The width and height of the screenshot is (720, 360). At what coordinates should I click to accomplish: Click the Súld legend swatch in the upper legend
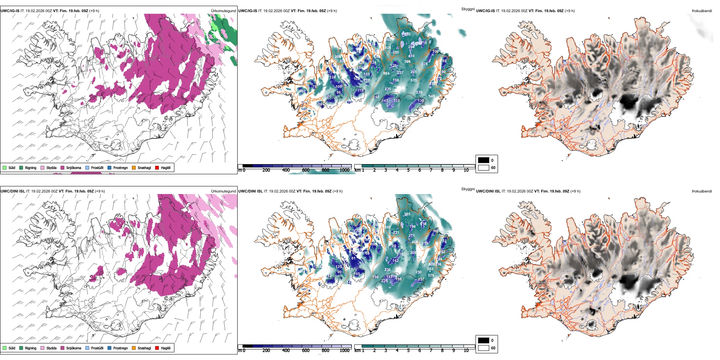point(5,167)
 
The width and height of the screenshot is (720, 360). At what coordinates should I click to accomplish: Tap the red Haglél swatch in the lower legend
point(157,348)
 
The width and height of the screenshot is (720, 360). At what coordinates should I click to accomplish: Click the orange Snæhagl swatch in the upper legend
point(134,167)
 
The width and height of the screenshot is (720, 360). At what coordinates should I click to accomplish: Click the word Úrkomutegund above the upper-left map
point(223,11)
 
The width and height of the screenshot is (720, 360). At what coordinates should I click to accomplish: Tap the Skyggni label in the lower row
point(468,189)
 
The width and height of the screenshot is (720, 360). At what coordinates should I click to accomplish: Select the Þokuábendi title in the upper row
point(702,11)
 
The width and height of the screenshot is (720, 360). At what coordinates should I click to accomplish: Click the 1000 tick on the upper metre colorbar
point(344,170)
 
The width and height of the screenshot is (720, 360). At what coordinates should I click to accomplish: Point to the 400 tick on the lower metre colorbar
point(286,351)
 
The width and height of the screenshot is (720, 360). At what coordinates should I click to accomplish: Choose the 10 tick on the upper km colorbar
point(466,170)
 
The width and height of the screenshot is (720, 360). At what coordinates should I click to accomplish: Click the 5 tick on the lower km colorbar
point(408,351)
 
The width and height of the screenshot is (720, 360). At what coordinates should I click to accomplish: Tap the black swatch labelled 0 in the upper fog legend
point(484,160)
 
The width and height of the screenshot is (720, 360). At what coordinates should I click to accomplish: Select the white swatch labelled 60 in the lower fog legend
point(484,348)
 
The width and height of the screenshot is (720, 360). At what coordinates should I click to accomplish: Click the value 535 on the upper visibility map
point(413,80)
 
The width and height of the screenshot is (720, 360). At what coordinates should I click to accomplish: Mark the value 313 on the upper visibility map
point(396,101)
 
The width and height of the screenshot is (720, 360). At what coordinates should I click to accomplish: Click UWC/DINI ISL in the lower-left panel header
point(13,191)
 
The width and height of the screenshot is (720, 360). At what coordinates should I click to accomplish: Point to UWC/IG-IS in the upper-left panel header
point(10,11)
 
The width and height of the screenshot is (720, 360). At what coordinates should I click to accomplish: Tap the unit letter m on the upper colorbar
point(239,170)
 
